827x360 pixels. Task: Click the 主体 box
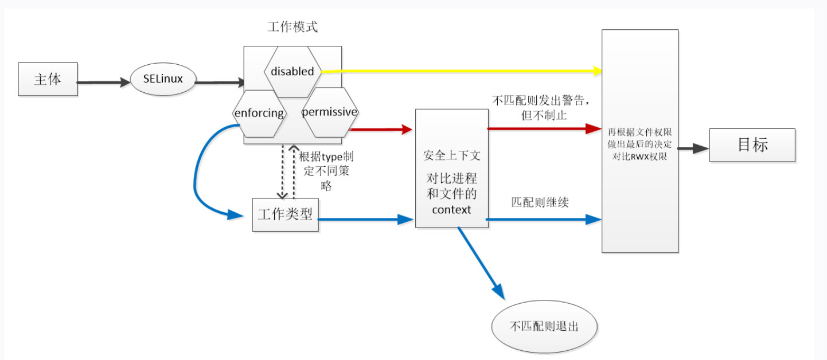coord(48,80)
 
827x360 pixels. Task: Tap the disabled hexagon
coord(292,72)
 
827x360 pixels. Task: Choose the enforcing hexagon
coord(259,113)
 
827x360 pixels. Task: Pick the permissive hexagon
coord(329,112)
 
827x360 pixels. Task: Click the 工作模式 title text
coord(292,28)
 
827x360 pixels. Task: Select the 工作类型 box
coord(285,214)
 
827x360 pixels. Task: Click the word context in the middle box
coord(451,210)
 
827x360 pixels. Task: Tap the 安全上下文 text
coord(451,155)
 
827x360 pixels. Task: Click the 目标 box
coord(752,145)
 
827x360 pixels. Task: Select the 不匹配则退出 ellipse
coord(544,327)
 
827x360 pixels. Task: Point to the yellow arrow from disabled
coord(459,71)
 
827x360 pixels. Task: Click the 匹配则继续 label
coord(540,202)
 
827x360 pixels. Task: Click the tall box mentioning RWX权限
coord(639,140)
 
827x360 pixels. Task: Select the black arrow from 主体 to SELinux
coord(104,82)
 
